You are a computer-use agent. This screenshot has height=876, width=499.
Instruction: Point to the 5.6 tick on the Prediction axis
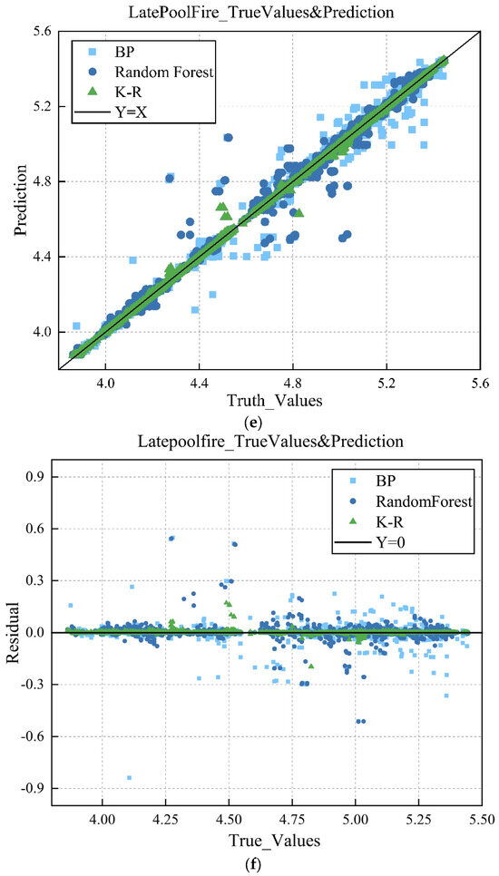(x=44, y=32)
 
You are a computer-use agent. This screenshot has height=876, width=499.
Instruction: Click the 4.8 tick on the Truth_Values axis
(x=293, y=385)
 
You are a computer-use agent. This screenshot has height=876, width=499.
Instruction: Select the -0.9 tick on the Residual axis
(x=40, y=788)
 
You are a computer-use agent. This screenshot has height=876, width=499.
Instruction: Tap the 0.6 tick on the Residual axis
(x=43, y=529)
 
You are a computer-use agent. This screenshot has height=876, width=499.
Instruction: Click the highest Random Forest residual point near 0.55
(x=171, y=538)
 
